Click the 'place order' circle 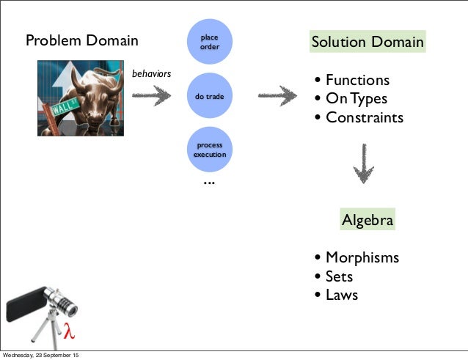(209, 42)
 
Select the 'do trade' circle (209, 96)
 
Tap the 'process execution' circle (209, 150)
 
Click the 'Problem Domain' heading (81, 41)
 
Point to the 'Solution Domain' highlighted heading (368, 42)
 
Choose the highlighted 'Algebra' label (368, 220)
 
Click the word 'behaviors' (151, 74)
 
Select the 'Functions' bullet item (357, 80)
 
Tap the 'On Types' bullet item (356, 98)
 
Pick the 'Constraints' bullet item (364, 117)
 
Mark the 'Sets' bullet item (339, 276)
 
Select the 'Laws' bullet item (341, 295)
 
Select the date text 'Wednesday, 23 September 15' (40, 356)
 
